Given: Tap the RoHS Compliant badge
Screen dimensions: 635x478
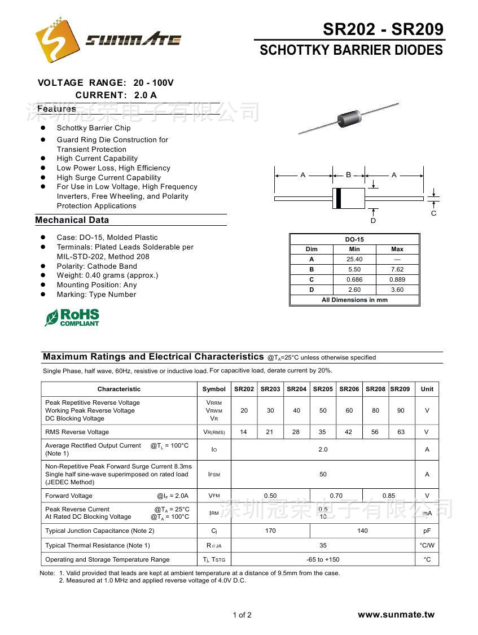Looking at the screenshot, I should click(72, 317).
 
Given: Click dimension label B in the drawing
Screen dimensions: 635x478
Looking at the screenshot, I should click(348, 175).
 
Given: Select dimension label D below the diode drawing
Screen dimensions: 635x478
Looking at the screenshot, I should click(373, 221).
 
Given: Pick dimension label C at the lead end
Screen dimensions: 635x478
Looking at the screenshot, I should click(433, 213).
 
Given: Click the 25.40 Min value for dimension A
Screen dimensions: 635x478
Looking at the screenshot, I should click(354, 259).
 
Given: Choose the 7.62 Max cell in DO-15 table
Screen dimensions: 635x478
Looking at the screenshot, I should click(397, 269).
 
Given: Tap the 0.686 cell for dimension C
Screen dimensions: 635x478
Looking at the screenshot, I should click(354, 279).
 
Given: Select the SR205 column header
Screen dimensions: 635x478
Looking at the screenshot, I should click(323, 389).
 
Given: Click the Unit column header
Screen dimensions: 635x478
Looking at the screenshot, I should click(427, 389).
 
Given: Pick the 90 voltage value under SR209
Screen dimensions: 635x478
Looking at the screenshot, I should click(401, 410).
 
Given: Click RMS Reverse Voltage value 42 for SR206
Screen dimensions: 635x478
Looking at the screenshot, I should click(349, 432).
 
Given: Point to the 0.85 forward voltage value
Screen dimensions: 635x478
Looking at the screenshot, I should click(389, 496).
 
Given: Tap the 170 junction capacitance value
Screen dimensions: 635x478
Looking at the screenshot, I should click(270, 531).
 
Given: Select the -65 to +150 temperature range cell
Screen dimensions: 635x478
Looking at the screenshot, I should click(323, 559).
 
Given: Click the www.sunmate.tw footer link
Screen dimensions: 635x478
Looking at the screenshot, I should click(396, 615).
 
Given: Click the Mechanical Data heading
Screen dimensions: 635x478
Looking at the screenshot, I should click(72, 220).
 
